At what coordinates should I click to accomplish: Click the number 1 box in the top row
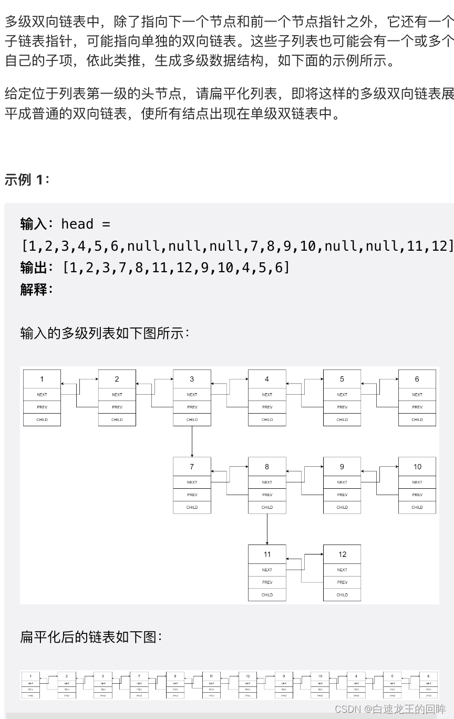point(42,379)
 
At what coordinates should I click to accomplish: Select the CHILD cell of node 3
point(192,419)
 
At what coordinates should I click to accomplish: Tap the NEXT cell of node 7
point(192,482)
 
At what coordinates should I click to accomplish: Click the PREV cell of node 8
point(267,495)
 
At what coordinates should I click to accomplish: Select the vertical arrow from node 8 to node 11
point(267,529)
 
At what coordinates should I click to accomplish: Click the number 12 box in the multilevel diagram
point(342,554)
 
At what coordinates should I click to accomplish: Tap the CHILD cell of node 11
point(267,594)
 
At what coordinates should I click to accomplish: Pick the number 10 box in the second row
point(417,467)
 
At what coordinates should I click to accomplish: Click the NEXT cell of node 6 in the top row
point(417,394)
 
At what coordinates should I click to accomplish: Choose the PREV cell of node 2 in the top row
point(117,407)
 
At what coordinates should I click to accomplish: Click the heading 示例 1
point(26,180)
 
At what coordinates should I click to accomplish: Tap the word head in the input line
point(77,224)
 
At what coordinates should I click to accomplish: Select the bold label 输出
point(34,268)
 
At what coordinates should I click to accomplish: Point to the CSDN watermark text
point(389,709)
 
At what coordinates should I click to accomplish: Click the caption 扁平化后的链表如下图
point(91,637)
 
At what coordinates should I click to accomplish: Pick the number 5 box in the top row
point(342,379)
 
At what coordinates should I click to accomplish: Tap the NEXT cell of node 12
point(342,570)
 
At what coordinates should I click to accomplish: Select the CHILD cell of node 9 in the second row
point(342,507)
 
